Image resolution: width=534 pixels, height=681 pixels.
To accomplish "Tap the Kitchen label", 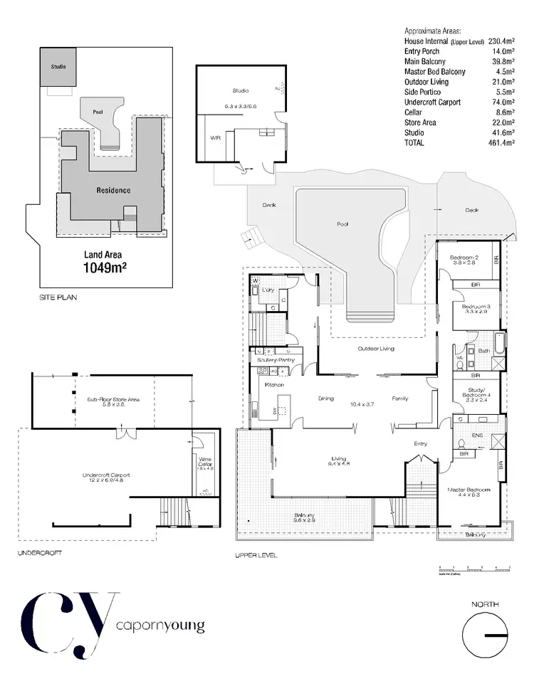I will pyautogui.click(x=275, y=385).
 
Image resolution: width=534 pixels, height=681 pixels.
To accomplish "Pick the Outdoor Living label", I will pyautogui.click(x=376, y=349).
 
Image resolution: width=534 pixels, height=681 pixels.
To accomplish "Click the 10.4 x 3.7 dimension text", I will pyautogui.click(x=363, y=403).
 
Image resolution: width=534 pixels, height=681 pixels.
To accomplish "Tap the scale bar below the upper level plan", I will pyautogui.click(x=476, y=569).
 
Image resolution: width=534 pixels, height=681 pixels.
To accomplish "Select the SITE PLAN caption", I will pyautogui.click(x=58, y=298).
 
